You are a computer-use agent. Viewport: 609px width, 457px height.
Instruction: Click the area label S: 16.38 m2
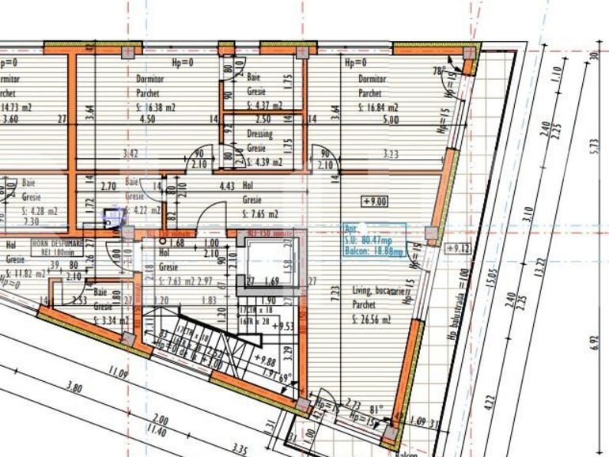tap(155, 108)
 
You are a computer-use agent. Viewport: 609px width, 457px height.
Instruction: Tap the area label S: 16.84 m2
tap(377, 108)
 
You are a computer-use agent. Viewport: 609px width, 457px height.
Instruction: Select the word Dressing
tap(259, 134)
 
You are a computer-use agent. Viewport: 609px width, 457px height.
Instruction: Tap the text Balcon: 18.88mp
tap(374, 251)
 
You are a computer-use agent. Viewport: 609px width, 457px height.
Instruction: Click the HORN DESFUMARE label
tap(56, 243)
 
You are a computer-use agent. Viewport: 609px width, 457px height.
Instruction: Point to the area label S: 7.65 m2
tap(260, 213)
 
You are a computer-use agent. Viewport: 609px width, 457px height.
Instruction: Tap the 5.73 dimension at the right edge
tap(593, 150)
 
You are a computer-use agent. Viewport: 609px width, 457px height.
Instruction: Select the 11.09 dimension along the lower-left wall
tap(119, 371)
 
